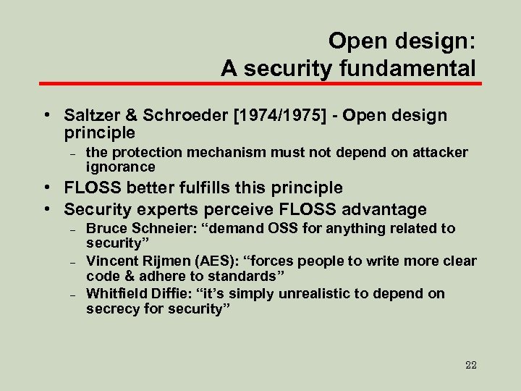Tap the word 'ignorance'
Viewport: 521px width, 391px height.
(x=120, y=167)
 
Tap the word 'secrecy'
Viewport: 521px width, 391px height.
(x=111, y=308)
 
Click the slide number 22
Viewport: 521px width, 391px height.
(x=470, y=364)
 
